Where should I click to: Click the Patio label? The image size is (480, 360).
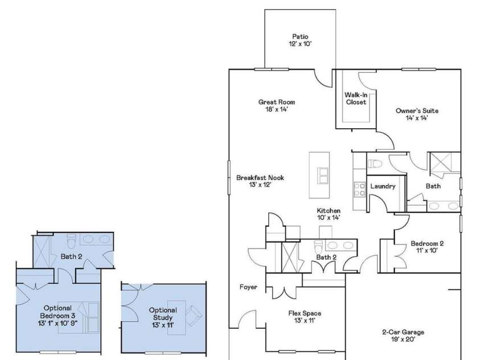coord(300,36)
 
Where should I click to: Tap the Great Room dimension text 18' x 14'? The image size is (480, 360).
coord(277,109)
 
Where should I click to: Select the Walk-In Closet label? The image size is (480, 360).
coord(356,99)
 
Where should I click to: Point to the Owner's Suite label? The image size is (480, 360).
coord(417,111)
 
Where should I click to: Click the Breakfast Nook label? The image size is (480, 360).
coord(260,178)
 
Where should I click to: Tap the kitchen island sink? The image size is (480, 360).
coord(323,175)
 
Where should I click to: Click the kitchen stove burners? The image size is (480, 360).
coord(360,189)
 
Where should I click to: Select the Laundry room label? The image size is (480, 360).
coord(383,186)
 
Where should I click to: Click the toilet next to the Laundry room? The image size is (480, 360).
coord(375,164)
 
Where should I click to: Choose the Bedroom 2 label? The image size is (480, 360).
coord(427,244)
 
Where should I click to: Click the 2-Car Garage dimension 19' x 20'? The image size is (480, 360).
coord(403,339)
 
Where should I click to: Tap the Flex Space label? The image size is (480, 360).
coord(305,313)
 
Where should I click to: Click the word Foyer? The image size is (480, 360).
coord(248,287)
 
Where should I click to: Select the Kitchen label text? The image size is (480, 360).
coord(329,211)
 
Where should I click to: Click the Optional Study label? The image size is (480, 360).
coord(163,314)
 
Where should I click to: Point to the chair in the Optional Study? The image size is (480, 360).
coord(194,316)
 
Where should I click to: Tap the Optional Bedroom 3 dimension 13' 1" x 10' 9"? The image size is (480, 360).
coord(58,323)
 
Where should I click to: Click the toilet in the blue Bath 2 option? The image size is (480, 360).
coord(71,241)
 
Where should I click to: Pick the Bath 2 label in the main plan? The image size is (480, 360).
coord(326,257)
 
